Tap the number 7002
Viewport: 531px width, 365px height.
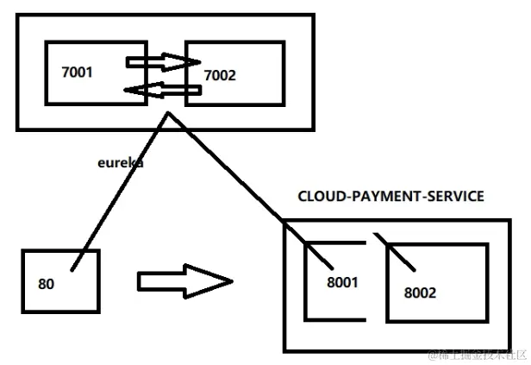tap(219, 76)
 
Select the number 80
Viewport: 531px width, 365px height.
tap(47, 282)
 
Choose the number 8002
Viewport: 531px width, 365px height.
tap(420, 292)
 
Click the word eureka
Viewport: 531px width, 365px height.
tap(120, 160)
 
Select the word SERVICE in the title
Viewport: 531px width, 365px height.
tap(452, 197)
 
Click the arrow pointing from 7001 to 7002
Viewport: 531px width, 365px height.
tap(159, 61)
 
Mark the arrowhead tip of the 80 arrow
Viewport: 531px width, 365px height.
tap(231, 281)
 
